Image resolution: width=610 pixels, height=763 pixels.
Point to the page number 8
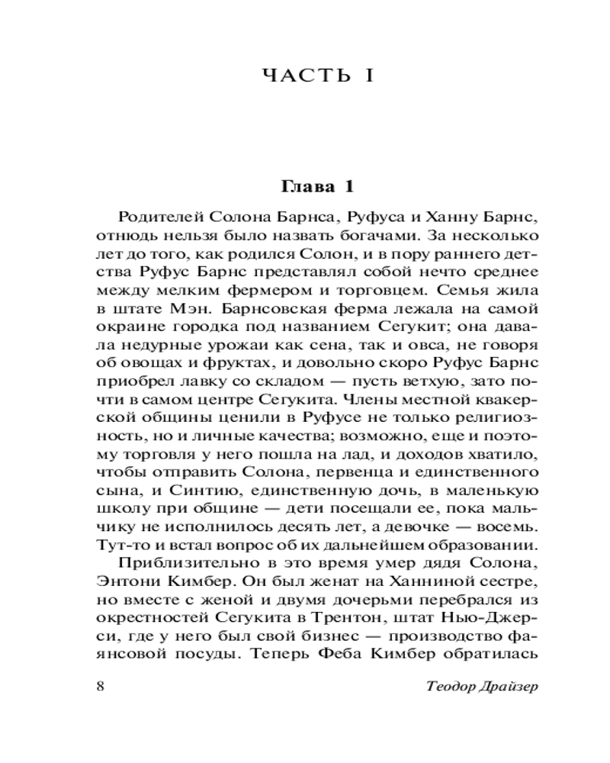pyautogui.click(x=101, y=684)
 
